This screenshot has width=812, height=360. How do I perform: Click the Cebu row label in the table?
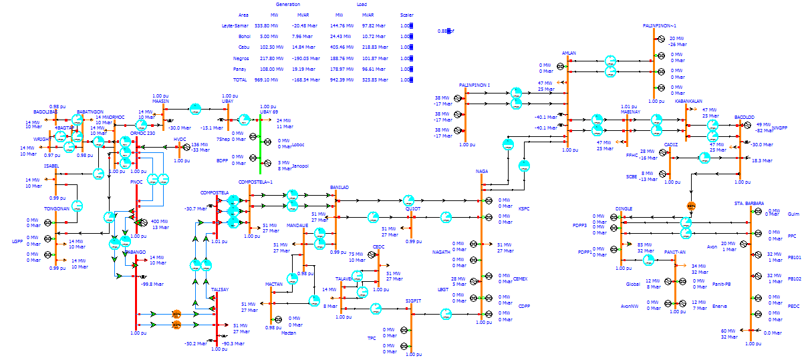click(x=243, y=47)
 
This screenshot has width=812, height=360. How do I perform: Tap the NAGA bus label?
click(x=482, y=172)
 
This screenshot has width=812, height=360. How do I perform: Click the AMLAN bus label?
click(x=569, y=53)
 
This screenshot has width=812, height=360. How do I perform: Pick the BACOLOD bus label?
click(x=744, y=117)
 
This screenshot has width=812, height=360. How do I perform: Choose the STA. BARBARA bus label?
click(x=749, y=203)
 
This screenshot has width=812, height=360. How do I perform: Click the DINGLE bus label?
click(x=624, y=209)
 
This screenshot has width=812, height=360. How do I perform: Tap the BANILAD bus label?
click(x=339, y=188)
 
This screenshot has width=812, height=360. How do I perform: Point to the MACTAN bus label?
click(x=274, y=285)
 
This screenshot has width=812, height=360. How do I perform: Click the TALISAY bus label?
click(x=220, y=290)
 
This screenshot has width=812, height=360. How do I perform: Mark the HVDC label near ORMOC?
click(x=180, y=140)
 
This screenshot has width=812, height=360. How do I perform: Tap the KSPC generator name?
click(x=523, y=208)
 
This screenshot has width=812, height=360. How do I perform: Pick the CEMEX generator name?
click(x=520, y=279)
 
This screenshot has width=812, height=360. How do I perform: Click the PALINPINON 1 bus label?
click(x=475, y=85)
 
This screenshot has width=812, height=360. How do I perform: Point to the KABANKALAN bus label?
click(x=688, y=102)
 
